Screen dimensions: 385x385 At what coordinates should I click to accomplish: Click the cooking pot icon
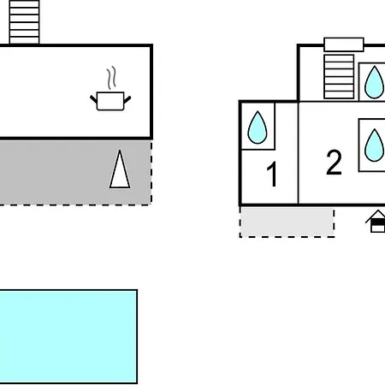(110, 101)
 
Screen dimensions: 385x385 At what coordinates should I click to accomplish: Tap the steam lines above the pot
(112, 78)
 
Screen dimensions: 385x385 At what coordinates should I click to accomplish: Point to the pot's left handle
(93, 99)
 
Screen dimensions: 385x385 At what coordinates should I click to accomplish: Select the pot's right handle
(127, 99)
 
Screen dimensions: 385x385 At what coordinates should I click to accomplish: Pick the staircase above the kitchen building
(24, 22)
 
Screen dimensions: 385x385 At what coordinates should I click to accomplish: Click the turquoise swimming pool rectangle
(68, 336)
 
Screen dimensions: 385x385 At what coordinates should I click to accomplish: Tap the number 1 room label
(272, 174)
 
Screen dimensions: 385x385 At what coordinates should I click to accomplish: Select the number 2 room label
(334, 162)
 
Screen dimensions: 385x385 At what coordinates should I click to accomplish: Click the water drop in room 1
(258, 127)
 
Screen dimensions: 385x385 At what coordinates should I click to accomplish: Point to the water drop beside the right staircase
(374, 82)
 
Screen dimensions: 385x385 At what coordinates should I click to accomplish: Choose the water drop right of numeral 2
(374, 145)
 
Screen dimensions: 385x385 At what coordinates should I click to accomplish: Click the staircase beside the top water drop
(339, 77)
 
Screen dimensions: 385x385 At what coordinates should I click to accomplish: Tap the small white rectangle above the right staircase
(344, 44)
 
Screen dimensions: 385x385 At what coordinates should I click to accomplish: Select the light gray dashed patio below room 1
(287, 222)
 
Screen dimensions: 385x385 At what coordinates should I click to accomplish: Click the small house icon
(376, 222)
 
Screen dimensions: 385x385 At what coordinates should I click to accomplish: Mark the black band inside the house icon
(378, 222)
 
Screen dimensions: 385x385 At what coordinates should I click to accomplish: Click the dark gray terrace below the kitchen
(75, 172)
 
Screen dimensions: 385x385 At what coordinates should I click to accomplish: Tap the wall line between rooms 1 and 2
(299, 153)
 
